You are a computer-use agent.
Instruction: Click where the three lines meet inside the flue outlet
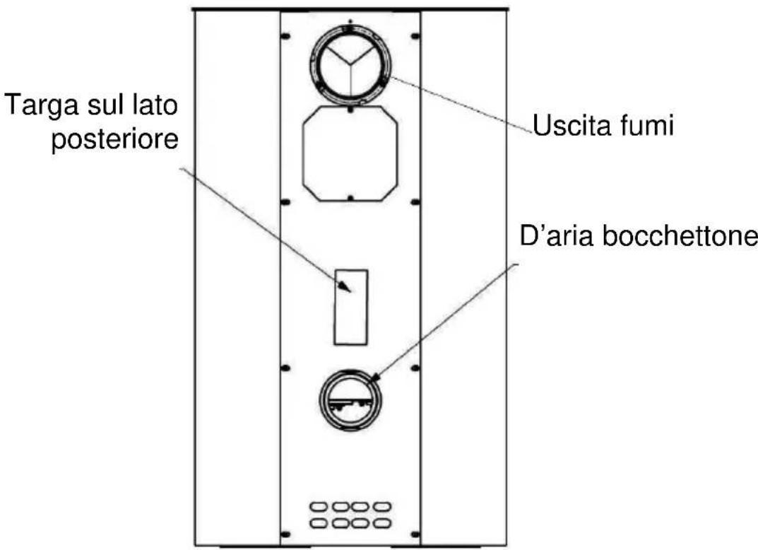pos(350,63)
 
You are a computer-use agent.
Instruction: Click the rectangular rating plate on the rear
pos(350,306)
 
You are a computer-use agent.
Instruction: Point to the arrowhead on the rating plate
pos(347,288)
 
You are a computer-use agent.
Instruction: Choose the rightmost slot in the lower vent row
pos(381,523)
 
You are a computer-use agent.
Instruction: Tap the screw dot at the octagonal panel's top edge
pos(350,110)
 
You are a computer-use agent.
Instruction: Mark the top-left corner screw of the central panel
pos(286,35)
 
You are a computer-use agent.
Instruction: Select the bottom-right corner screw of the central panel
pos(415,533)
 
